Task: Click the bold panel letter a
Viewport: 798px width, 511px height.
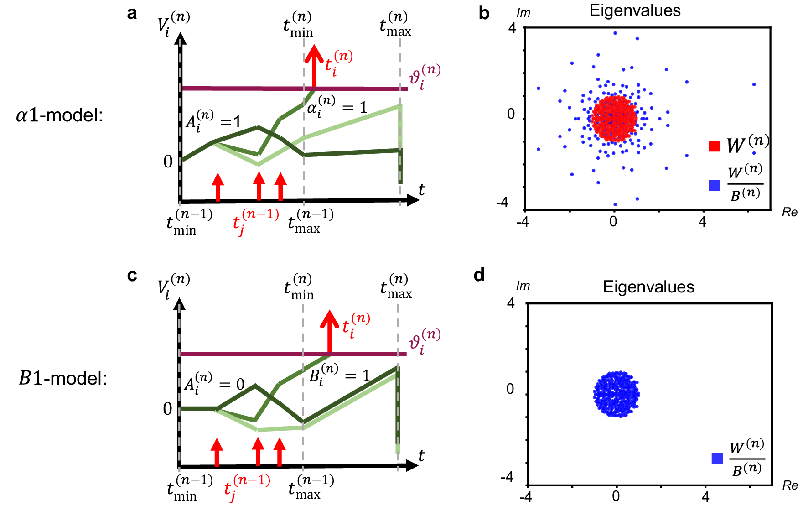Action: (132, 13)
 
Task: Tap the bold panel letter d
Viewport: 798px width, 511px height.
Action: (479, 275)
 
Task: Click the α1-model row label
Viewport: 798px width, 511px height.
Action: (59, 115)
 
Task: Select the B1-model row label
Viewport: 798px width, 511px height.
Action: (62, 378)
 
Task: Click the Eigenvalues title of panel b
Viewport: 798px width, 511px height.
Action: (635, 10)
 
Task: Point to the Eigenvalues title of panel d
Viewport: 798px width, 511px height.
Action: (648, 287)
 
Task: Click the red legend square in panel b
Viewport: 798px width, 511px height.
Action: (714, 146)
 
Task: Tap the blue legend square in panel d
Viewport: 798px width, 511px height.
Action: (717, 458)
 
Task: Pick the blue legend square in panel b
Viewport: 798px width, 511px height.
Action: (714, 185)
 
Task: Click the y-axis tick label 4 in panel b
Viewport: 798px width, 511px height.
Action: (512, 28)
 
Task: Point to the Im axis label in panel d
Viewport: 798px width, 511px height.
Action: (523, 286)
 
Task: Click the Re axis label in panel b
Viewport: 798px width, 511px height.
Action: (789, 212)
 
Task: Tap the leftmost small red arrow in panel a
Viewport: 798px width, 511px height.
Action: (218, 187)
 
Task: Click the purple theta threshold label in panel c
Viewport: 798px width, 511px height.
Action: (424, 341)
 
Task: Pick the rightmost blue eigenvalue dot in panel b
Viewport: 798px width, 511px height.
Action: (754, 84)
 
